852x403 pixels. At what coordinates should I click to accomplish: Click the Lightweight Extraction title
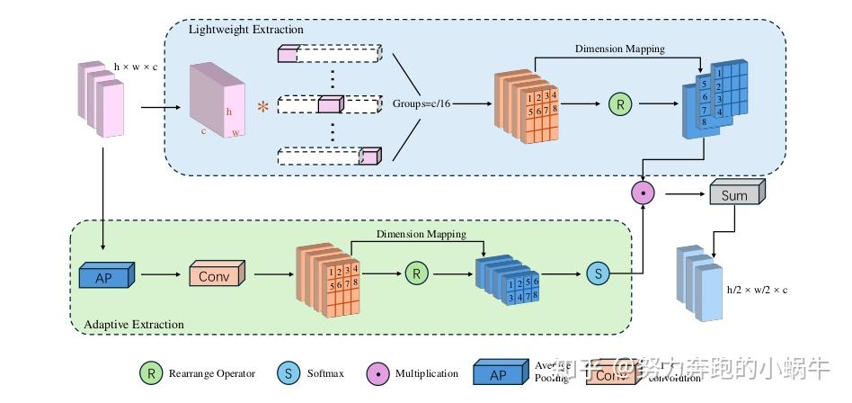pyautogui.click(x=245, y=30)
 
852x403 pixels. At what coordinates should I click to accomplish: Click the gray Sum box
pyautogui.click(x=735, y=194)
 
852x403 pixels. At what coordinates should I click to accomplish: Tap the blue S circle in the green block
pyautogui.click(x=597, y=273)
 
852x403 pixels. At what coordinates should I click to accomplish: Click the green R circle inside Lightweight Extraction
pyautogui.click(x=620, y=104)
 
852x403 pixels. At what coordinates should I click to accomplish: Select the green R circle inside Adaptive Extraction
pyautogui.click(x=415, y=273)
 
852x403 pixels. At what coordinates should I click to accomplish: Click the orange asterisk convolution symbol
pyautogui.click(x=262, y=108)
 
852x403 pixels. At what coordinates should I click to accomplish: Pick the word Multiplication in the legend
pyautogui.click(x=427, y=373)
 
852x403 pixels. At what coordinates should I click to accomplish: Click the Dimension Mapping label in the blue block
pyautogui.click(x=620, y=49)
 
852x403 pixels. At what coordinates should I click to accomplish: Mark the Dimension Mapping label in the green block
pyautogui.click(x=421, y=234)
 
